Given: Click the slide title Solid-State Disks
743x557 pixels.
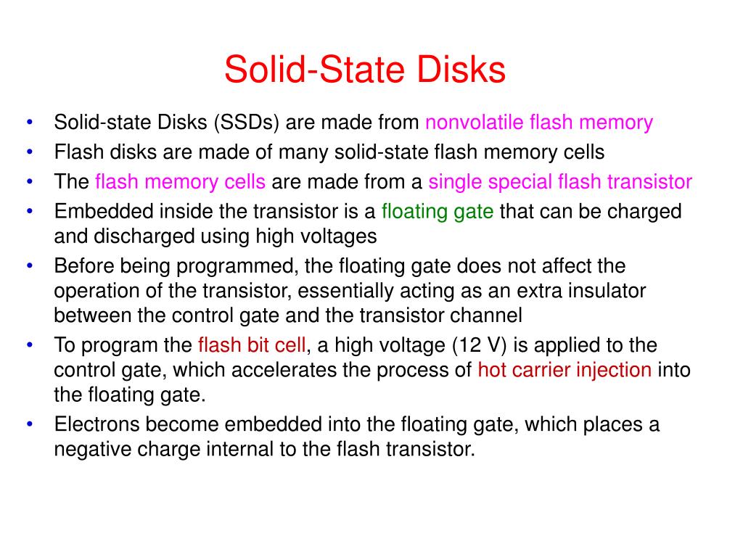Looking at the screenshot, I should coord(364,70).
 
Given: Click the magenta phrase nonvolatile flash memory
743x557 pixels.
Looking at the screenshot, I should coord(539,122).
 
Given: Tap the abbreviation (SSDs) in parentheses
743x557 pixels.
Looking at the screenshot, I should coord(247,122).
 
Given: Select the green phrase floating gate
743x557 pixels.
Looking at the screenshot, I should coord(438,212).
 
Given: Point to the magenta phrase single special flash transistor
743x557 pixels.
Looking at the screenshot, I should coord(560,181).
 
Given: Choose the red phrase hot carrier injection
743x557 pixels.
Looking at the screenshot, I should coord(565,370).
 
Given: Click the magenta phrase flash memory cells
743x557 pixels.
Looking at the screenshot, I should coord(180,181).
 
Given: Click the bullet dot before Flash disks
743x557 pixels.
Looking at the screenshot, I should coord(29,152).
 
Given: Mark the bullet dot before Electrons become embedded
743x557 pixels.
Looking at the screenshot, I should coord(29,424).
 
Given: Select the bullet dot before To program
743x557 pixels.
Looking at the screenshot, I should coord(29,344).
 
